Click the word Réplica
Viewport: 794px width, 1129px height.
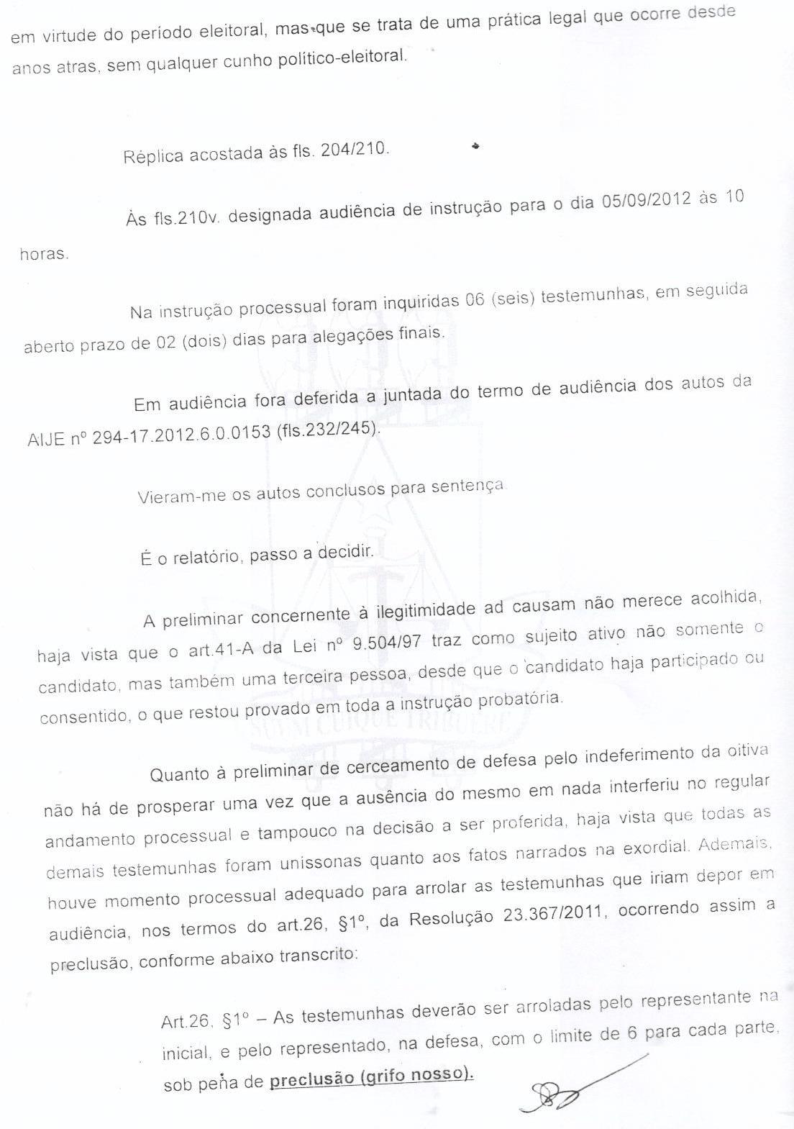[x=153, y=155]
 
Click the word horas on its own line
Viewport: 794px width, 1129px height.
[x=44, y=254]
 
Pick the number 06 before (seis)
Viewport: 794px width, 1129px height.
[x=475, y=299]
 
